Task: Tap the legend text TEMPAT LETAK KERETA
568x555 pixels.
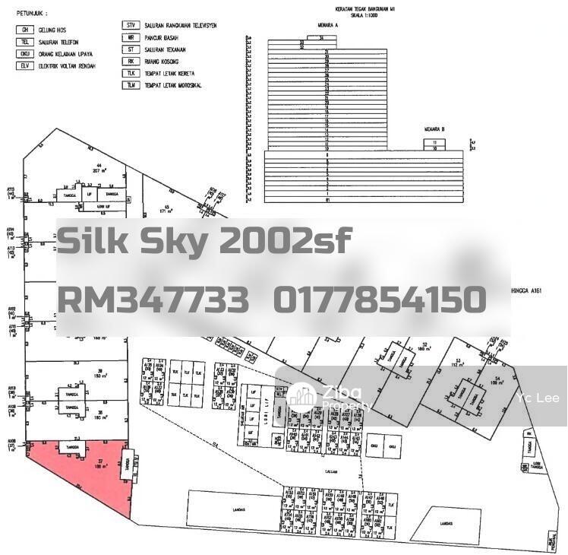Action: [x=175, y=74]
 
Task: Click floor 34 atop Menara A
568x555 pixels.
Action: [x=322, y=36]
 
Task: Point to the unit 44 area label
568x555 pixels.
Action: [x=98, y=169]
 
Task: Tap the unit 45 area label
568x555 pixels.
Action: [x=166, y=207]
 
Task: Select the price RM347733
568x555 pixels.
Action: [x=153, y=300]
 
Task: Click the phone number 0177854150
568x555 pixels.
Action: [x=379, y=300]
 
